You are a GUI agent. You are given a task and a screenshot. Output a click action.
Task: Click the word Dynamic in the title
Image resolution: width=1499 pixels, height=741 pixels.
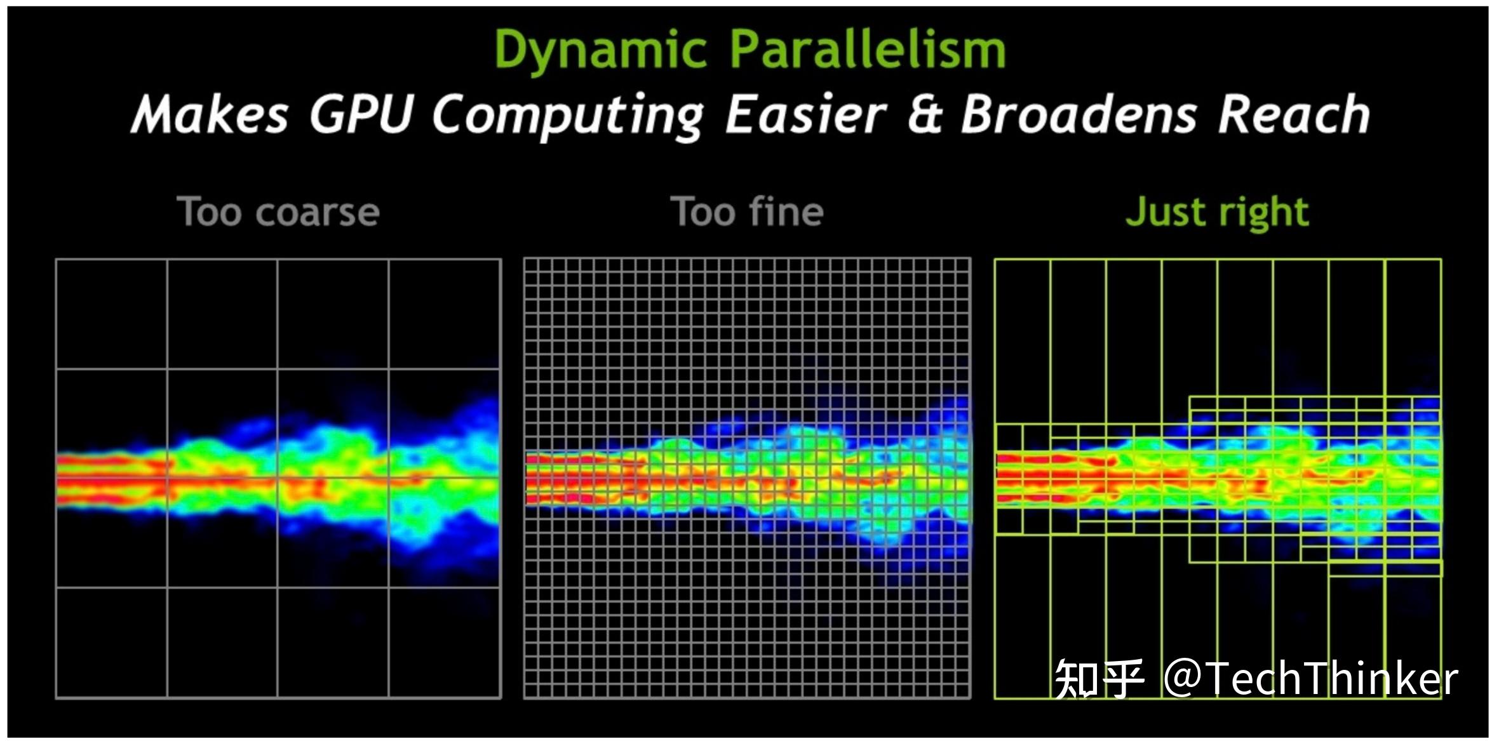(x=600, y=50)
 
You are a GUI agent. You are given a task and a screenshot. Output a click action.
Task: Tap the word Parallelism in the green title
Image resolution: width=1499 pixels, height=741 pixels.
(x=868, y=49)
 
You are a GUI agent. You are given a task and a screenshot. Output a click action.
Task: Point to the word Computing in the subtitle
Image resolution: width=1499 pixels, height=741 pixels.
(x=568, y=116)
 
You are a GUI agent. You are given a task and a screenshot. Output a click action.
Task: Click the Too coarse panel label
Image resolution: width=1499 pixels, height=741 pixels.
(x=278, y=211)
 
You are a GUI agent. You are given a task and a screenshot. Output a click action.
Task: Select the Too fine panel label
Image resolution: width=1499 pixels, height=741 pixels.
(x=747, y=211)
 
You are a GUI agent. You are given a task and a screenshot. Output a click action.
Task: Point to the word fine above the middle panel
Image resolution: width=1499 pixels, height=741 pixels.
(x=786, y=211)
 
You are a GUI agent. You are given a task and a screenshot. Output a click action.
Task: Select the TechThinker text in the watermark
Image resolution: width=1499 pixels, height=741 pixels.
(x=1331, y=678)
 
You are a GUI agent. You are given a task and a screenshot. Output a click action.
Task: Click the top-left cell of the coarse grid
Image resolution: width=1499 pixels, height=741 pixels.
(x=112, y=314)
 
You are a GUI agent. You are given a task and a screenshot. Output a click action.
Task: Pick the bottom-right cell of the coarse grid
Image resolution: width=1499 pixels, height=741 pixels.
(x=444, y=642)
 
